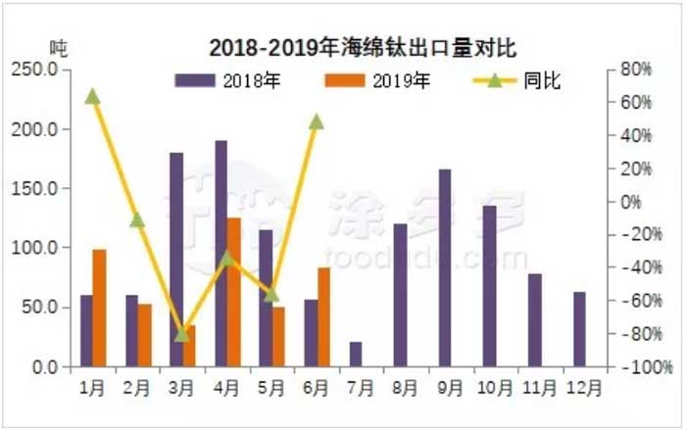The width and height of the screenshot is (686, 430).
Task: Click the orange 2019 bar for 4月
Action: pos(234,292)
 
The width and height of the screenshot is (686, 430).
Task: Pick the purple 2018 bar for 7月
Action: pos(356,355)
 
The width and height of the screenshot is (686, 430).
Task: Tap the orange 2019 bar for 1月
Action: pos(99,308)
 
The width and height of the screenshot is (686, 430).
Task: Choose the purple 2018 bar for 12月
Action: pos(580,329)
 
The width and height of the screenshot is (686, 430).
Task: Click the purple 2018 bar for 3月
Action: pos(176,260)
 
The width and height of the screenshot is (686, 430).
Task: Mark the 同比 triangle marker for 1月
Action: pos(92,96)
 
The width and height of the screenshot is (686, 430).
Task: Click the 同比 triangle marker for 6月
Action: pos(317,121)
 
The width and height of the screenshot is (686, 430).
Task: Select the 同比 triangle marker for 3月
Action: pos(182,334)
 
